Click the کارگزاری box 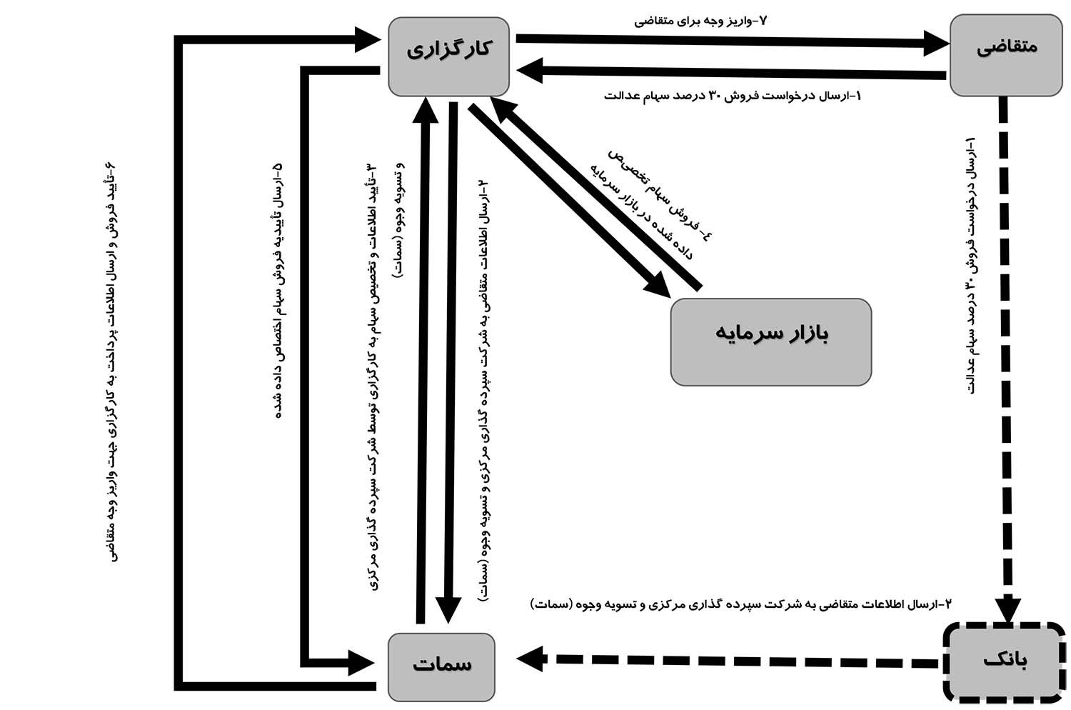click(448, 56)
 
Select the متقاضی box click(1006, 55)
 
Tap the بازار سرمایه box click(770, 341)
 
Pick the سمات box click(441, 666)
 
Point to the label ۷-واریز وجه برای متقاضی click(700, 21)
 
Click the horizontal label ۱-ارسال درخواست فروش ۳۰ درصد click(732, 95)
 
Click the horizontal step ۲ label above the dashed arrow click(740, 604)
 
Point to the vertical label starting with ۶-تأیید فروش click(113, 361)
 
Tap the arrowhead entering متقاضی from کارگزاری click(935, 43)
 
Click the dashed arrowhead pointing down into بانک click(1008, 609)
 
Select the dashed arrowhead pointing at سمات click(530, 658)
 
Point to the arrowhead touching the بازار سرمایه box click(657, 284)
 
